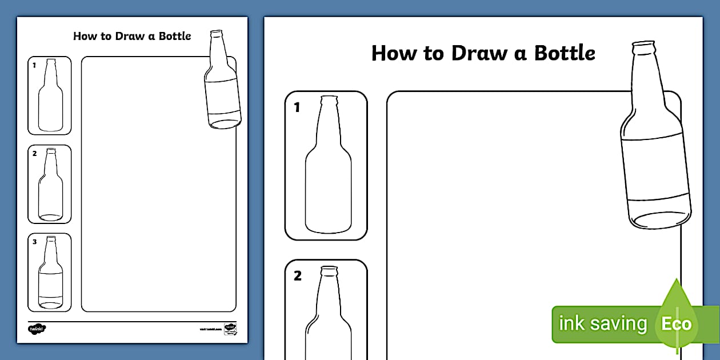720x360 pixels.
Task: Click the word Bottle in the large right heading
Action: point(565,53)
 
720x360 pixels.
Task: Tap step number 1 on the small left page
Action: point(34,65)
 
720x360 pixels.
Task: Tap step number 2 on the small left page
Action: point(34,153)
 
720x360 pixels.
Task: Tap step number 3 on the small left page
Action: point(34,242)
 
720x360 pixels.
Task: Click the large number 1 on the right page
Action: point(297,107)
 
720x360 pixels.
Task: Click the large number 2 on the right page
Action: point(297,276)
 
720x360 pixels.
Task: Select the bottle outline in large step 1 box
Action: point(328,171)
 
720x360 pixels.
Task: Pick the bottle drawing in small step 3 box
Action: point(51,274)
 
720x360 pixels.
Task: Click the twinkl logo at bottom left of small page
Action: point(37,329)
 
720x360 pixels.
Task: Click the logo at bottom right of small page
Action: point(230,329)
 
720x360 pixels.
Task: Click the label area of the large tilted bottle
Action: point(654,169)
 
